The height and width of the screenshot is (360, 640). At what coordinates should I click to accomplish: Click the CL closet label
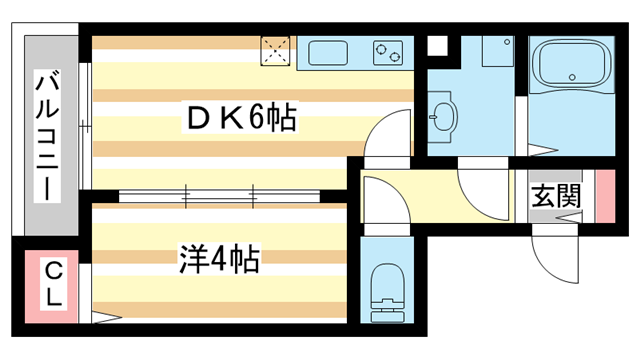pyautogui.click(x=54, y=283)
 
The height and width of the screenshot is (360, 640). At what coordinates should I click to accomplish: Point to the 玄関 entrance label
pyautogui.click(x=555, y=196)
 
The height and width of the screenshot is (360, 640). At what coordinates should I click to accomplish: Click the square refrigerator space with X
pyautogui.click(x=275, y=51)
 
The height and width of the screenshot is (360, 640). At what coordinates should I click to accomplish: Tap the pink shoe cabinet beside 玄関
pyautogui.click(x=604, y=196)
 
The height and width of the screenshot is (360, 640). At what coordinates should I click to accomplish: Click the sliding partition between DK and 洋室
pyautogui.click(x=220, y=195)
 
